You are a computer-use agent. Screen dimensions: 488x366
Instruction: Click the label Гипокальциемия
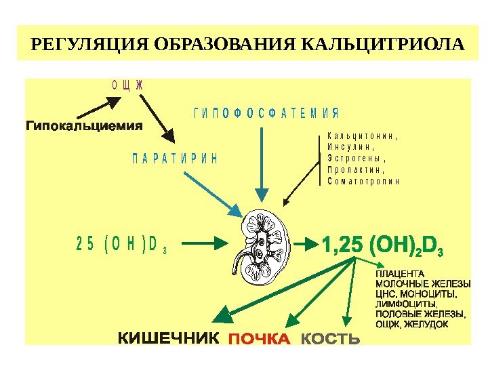coord(85,125)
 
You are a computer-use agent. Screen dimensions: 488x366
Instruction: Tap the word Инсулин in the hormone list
coord(350,146)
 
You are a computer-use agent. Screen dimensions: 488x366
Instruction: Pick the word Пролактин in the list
coord(355,169)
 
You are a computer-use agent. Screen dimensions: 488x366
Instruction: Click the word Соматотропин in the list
coord(363,181)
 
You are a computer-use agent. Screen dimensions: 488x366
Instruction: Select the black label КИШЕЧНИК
coord(169,338)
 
